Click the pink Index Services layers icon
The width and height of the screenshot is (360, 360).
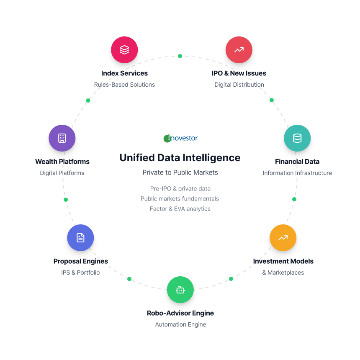click(124, 50)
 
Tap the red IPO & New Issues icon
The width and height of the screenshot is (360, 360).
click(239, 50)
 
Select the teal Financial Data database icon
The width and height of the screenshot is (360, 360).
click(297, 138)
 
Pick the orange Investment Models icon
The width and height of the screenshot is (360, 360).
click(283, 238)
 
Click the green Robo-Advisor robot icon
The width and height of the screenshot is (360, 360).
click(180, 290)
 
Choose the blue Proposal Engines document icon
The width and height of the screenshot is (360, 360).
click(80, 238)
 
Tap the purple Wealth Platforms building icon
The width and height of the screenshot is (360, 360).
click(62, 138)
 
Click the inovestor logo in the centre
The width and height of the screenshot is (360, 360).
click(180, 138)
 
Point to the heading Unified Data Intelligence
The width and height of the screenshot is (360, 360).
click(180, 158)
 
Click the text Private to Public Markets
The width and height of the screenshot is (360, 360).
click(180, 172)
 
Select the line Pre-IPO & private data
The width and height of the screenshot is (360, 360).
click(180, 189)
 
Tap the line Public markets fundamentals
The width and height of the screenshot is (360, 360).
click(180, 199)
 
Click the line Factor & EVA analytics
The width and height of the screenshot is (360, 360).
click(180, 209)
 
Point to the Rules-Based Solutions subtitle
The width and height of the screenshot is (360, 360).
click(124, 85)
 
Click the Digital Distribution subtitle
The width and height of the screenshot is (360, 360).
click(239, 85)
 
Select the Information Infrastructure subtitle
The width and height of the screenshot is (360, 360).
click(297, 173)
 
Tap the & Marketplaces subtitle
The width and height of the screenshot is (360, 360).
click(283, 273)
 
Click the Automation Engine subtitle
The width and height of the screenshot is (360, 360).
click(180, 324)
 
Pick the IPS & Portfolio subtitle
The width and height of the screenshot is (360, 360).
click(80, 273)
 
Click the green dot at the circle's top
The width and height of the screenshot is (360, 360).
click(180, 56)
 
